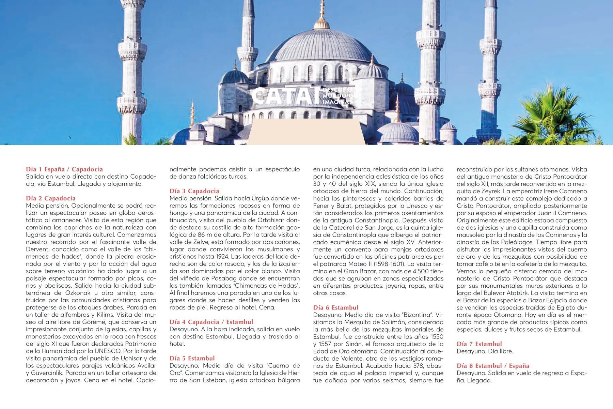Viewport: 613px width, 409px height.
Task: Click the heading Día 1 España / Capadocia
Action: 64,169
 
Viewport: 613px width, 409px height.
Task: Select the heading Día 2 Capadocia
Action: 51,198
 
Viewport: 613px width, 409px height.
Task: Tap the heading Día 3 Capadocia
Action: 194,191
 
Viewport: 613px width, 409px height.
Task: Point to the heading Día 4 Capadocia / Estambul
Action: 211,322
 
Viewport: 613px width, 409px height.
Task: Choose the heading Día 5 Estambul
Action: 192,358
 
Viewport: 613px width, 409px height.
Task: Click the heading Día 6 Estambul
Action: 336,307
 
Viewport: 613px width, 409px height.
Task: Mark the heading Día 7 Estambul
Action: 480,344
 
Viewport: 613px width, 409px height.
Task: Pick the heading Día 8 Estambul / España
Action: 493,366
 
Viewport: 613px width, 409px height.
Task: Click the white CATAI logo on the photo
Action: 286,96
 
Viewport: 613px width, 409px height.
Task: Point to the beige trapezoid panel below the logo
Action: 306,132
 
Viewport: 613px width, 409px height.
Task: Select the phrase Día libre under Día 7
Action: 500,351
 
